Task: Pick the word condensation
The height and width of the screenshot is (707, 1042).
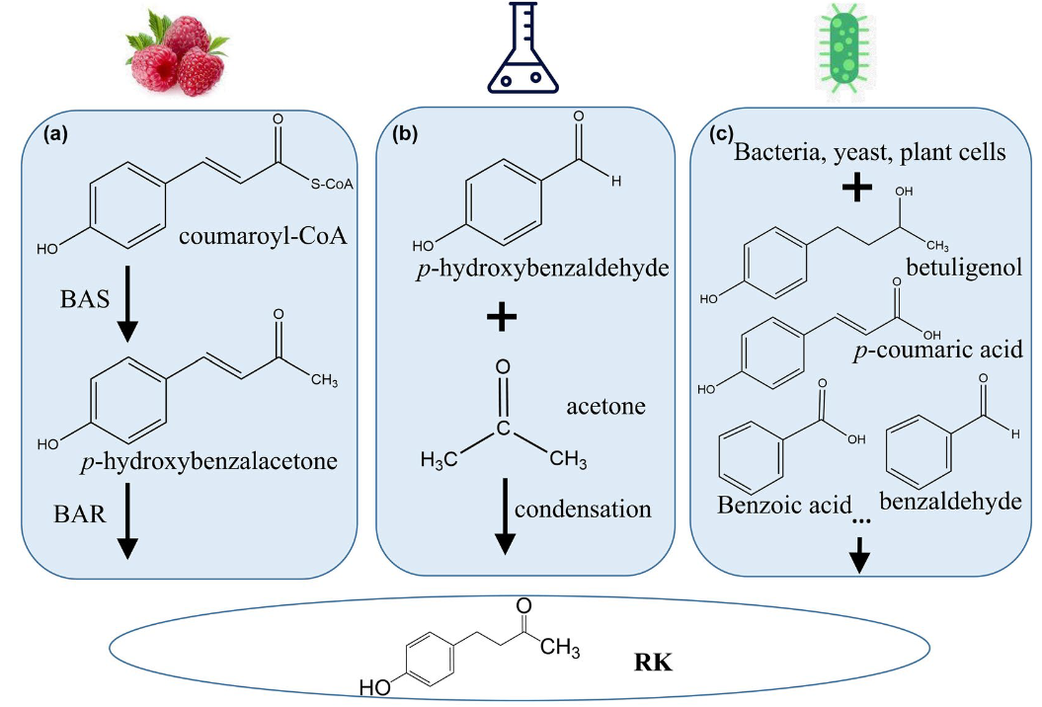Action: [583, 510]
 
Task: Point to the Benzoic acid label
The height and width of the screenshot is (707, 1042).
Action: [784, 504]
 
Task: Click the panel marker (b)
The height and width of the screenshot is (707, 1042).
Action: [404, 132]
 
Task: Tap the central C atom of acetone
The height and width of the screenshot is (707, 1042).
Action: [502, 429]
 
